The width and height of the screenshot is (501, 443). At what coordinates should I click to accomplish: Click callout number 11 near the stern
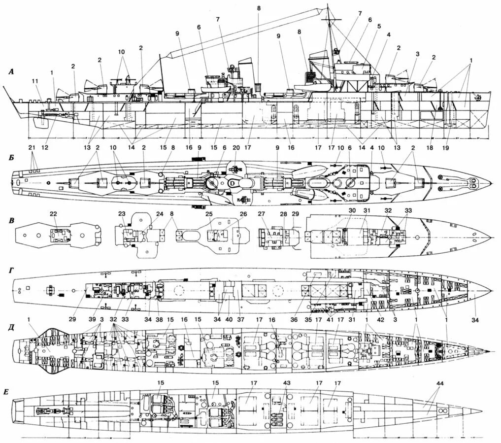pyautogui.click(x=34, y=81)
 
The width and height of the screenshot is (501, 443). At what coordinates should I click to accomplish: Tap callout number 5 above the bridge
pyautogui.click(x=379, y=26)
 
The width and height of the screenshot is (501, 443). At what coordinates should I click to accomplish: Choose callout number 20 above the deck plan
pyautogui.click(x=236, y=148)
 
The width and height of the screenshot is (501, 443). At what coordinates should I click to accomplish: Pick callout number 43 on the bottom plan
pyautogui.click(x=287, y=383)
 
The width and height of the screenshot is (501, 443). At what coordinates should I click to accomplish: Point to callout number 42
pyautogui.click(x=381, y=319)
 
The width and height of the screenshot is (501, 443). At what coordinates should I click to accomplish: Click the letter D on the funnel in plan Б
pyautogui.click(x=232, y=183)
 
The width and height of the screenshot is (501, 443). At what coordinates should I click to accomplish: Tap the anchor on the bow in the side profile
pyautogui.click(x=476, y=98)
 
